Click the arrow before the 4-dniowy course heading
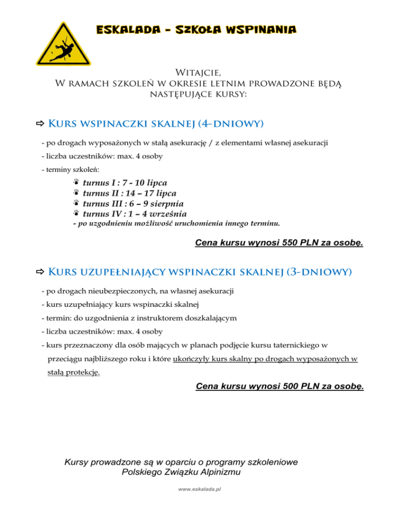[x=40, y=124]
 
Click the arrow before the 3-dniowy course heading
[x=40, y=271]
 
